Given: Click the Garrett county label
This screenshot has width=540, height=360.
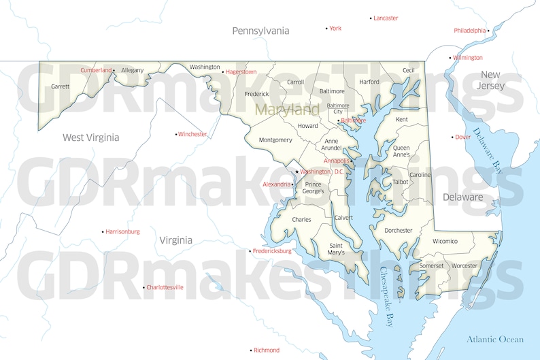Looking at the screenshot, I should [61, 86].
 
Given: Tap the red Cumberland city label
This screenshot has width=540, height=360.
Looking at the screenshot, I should [96, 70].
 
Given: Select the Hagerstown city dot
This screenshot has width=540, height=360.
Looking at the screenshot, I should [224, 71].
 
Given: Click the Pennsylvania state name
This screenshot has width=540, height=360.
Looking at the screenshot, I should [260, 31].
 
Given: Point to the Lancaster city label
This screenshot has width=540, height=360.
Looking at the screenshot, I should [386, 18].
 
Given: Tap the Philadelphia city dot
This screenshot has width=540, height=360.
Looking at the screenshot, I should [488, 31].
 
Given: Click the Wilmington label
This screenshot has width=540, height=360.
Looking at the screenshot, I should [468, 58].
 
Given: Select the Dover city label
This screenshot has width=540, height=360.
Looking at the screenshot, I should [463, 137].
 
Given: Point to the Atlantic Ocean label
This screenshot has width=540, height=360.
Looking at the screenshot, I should [495, 339].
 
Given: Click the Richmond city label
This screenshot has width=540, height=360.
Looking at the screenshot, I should [267, 350].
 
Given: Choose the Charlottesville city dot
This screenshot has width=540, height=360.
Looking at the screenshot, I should [144, 288].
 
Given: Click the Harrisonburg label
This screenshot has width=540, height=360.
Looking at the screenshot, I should [122, 232].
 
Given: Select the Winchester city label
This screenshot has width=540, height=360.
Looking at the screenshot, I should [192, 134].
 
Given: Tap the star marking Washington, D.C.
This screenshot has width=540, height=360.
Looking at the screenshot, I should [297, 171].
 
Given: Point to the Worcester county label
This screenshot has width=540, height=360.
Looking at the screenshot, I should [465, 265].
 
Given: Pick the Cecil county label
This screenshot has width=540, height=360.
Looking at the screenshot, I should [409, 70].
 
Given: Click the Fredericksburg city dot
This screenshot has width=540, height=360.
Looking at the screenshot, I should [250, 251].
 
